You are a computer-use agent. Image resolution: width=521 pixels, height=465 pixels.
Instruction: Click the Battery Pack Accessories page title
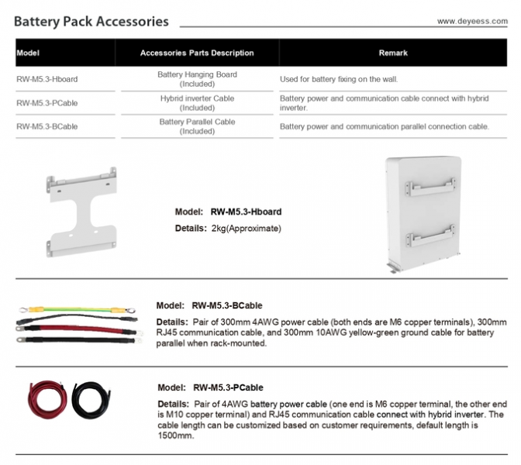click(x=91, y=21)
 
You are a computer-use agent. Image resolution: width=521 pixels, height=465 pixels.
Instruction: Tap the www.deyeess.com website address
click(x=472, y=22)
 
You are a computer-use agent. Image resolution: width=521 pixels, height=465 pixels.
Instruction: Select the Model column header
click(x=28, y=53)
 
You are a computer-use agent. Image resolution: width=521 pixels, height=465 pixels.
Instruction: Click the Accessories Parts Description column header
click(x=197, y=53)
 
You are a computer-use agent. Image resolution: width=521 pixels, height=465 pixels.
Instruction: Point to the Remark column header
click(x=393, y=53)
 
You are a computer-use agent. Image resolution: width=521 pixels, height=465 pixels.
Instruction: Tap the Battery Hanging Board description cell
click(x=197, y=78)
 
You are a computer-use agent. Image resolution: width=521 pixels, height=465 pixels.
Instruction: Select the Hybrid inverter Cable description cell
click(x=197, y=102)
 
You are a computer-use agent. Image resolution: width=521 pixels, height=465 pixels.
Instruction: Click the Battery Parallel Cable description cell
click(x=197, y=126)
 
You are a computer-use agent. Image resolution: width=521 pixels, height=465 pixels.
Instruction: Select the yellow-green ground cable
click(x=74, y=312)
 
